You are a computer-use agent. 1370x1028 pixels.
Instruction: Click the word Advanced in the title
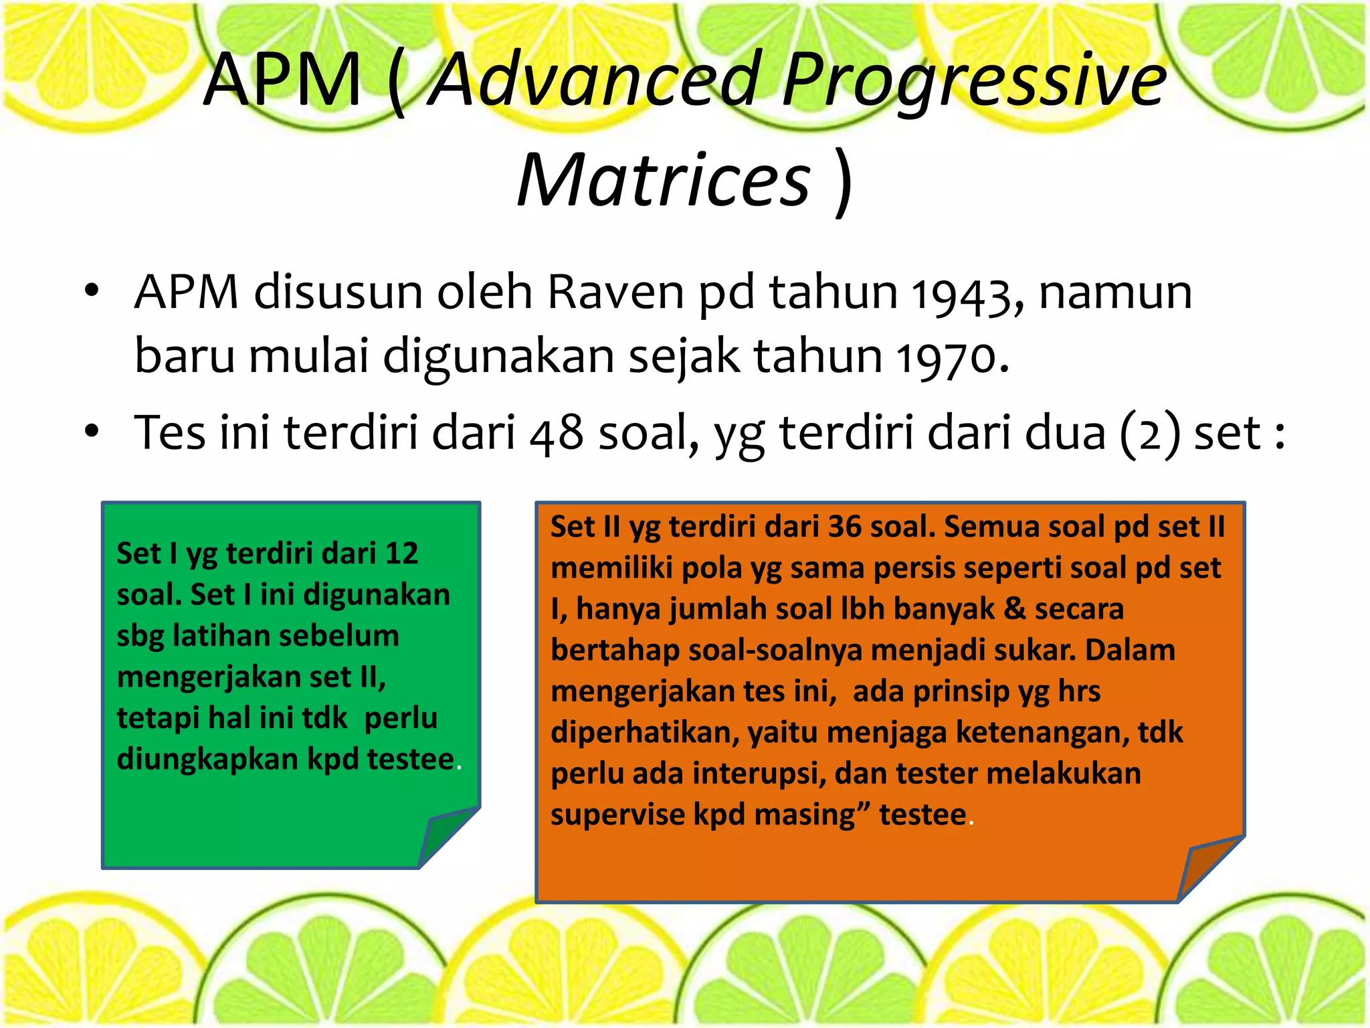tap(595, 80)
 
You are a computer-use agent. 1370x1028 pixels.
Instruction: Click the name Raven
tap(615, 293)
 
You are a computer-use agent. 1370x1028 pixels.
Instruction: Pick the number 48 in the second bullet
tap(556, 434)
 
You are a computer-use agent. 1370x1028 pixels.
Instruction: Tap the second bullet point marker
tap(92, 432)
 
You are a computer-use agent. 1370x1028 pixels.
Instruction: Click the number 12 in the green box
tap(401, 553)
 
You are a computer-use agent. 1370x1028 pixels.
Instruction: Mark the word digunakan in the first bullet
tap(498, 356)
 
